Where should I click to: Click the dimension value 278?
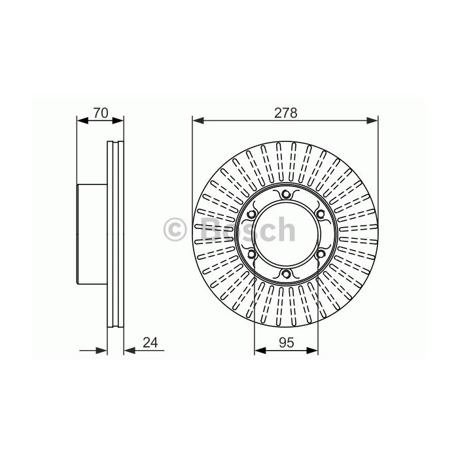point(285,113)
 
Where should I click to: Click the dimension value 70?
point(101,113)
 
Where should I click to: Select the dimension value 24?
point(150,342)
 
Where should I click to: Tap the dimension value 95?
point(287,343)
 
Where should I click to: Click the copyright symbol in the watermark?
point(175,229)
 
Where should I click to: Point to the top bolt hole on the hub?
point(285,194)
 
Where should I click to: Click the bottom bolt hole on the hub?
point(286,273)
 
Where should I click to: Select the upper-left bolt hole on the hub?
point(251,215)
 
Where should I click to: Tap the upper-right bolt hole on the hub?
point(321,214)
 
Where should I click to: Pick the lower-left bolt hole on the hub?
point(251,254)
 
